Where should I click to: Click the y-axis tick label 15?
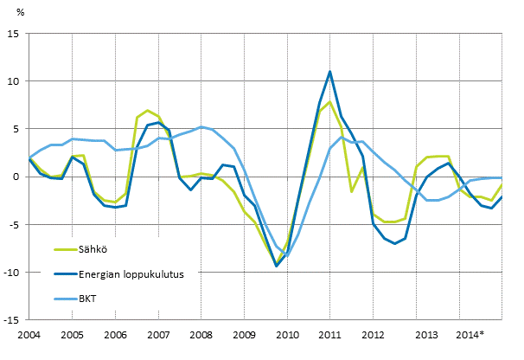pyautogui.click(x=14, y=34)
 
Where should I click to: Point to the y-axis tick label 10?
pyautogui.click(x=14, y=81)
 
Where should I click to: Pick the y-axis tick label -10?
pyautogui.click(x=12, y=272)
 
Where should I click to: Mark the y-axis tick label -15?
pyautogui.click(x=12, y=319)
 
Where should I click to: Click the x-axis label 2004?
pyautogui.click(x=29, y=334)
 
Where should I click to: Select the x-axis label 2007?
pyautogui.click(x=157, y=334)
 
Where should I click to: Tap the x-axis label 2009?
pyautogui.click(x=244, y=334)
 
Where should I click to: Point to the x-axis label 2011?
pyautogui.click(x=329, y=334)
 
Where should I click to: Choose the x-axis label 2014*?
pyautogui.click(x=470, y=334)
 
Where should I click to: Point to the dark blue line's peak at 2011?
pyautogui.click(x=329, y=72)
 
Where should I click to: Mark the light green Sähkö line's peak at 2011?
pyautogui.click(x=329, y=102)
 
